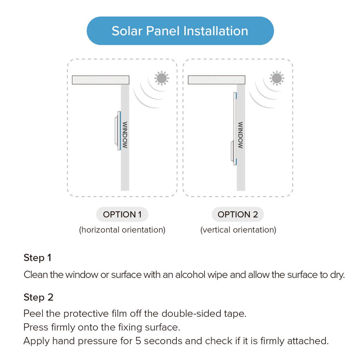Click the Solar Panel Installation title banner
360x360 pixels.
(x=180, y=31)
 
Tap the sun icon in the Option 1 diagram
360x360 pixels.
(x=161, y=77)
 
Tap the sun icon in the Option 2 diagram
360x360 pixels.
(x=277, y=77)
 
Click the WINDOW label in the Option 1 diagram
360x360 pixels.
(x=125, y=135)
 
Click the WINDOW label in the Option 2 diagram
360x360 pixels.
(x=240, y=135)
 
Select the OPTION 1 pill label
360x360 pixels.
(x=122, y=215)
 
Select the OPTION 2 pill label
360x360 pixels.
(x=238, y=215)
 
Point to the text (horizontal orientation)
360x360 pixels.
(x=122, y=230)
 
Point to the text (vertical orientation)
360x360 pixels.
(x=238, y=230)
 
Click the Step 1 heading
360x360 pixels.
(x=37, y=258)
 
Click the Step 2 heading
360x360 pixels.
(x=39, y=297)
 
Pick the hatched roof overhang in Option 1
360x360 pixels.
(x=101, y=80)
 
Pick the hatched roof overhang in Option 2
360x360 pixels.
(x=216, y=80)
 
